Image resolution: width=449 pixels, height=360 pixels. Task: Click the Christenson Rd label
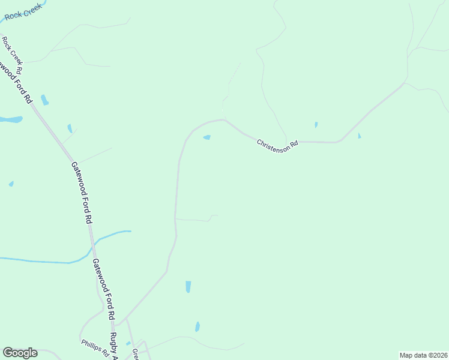click(x=277, y=145)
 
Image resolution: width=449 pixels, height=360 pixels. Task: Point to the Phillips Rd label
click(x=94, y=347)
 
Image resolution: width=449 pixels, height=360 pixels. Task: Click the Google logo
click(x=20, y=353)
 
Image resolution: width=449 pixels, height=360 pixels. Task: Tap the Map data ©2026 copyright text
click(x=423, y=355)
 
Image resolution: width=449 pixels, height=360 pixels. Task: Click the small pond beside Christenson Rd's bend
click(x=207, y=137)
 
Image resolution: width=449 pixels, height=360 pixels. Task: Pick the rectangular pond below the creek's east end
click(x=188, y=287)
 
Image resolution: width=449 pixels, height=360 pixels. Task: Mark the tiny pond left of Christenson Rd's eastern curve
click(x=316, y=125)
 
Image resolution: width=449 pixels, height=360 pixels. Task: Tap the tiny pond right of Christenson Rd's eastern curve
click(x=359, y=136)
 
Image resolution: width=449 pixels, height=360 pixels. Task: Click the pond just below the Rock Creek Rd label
click(x=44, y=100)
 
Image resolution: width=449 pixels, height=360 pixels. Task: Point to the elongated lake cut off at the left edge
click(x=10, y=119)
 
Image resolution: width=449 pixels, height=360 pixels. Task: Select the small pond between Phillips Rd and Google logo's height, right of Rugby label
click(x=128, y=344)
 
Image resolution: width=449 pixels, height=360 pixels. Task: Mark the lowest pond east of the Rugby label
click(x=197, y=327)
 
